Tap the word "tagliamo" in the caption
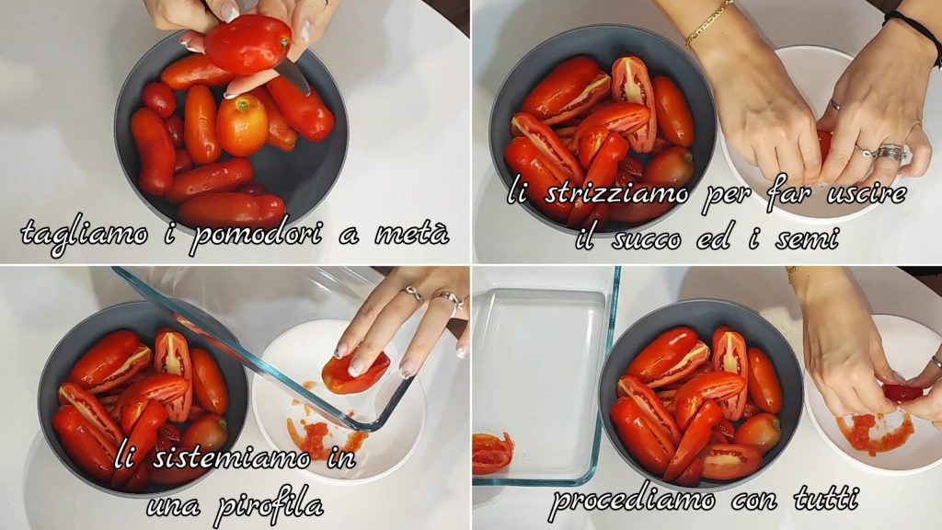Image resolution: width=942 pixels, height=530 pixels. click(84, 236)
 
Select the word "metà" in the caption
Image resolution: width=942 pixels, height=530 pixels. click(412, 233)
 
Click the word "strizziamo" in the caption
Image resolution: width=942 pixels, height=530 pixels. click(616, 193)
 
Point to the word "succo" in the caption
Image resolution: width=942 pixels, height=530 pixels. click(647, 239)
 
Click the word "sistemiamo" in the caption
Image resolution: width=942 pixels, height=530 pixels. click(231, 460)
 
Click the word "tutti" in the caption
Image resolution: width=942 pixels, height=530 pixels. click(825, 498)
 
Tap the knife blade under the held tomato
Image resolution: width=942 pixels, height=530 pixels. click(293, 75)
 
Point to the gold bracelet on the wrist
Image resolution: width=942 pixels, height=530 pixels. click(709, 23)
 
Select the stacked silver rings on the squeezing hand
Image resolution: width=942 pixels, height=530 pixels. click(888, 152)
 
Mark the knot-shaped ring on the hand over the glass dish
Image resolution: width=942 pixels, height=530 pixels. click(414, 294)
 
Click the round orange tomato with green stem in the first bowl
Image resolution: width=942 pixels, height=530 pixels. click(242, 125)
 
